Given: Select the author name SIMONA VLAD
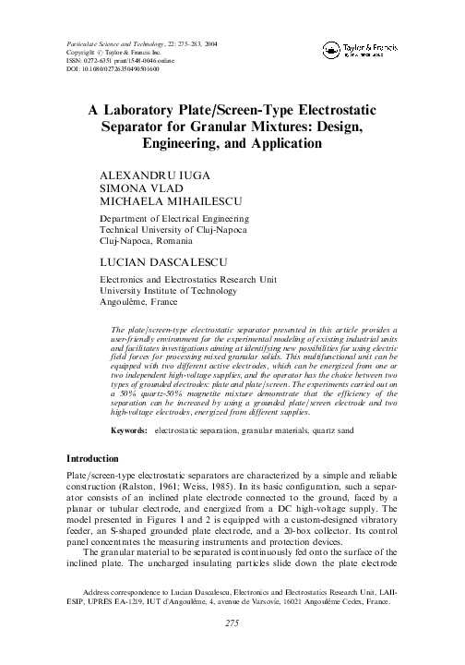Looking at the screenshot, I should coord(136,187).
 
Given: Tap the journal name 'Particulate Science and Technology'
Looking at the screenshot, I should coord(108,44).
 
